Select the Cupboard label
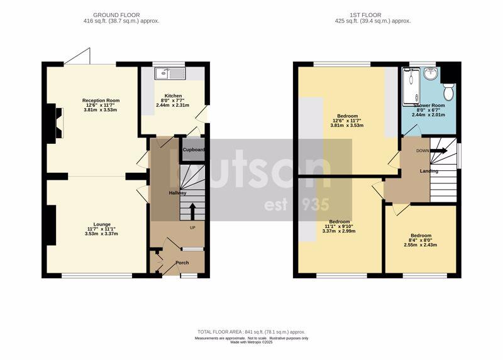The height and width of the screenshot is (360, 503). tap(193, 150)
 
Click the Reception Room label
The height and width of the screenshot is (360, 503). tap(101, 101)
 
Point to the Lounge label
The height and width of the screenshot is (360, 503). tap(102, 224)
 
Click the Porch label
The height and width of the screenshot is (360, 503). tap(182, 263)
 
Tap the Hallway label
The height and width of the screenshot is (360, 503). tap(177, 193)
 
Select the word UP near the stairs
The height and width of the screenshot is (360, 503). tap(193, 227)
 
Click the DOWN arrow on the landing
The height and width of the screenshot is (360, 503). tap(439, 151)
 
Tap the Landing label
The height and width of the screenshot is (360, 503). tap(429, 171)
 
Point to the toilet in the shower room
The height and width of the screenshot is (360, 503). tap(449, 92)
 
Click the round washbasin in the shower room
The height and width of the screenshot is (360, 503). tap(431, 75)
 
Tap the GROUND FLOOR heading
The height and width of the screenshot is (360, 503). tap(116, 14)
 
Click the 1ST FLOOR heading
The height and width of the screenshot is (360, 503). tap(372, 14)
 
